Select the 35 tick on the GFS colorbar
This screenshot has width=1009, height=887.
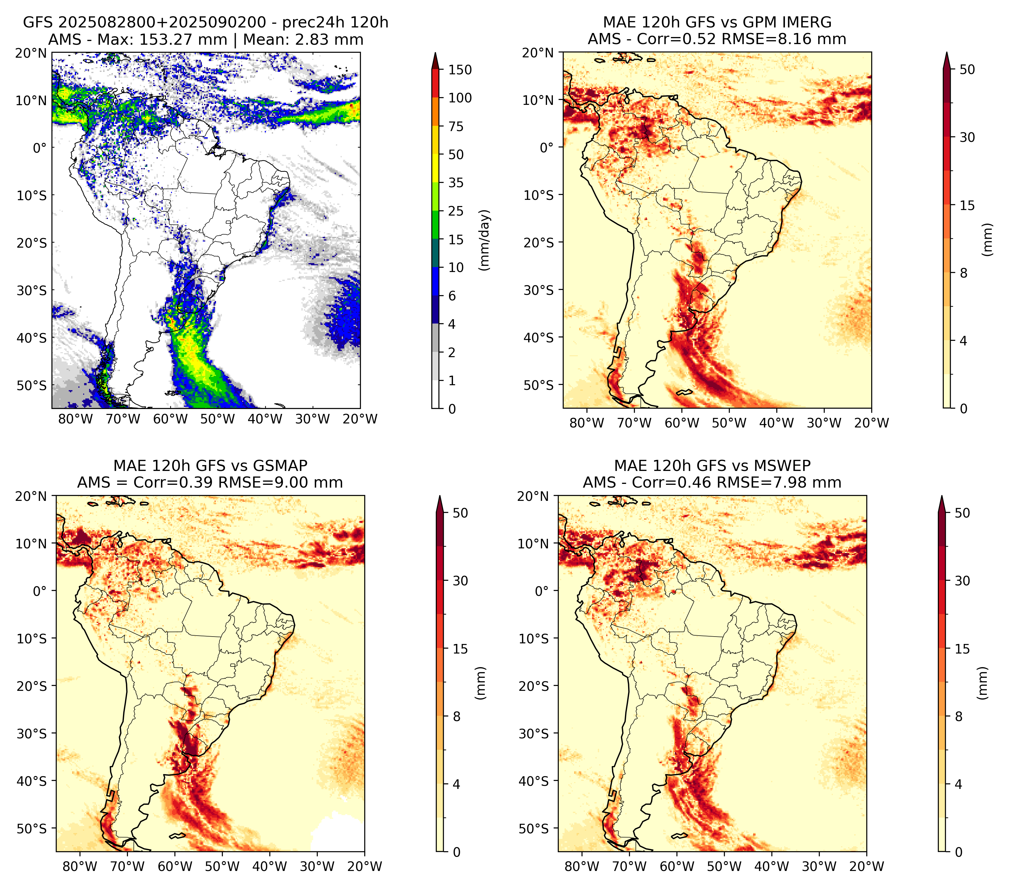[456, 183]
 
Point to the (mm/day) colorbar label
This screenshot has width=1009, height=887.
[485, 240]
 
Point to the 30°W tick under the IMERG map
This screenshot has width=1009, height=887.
[824, 423]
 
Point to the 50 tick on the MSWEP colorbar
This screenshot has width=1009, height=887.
[962, 513]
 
